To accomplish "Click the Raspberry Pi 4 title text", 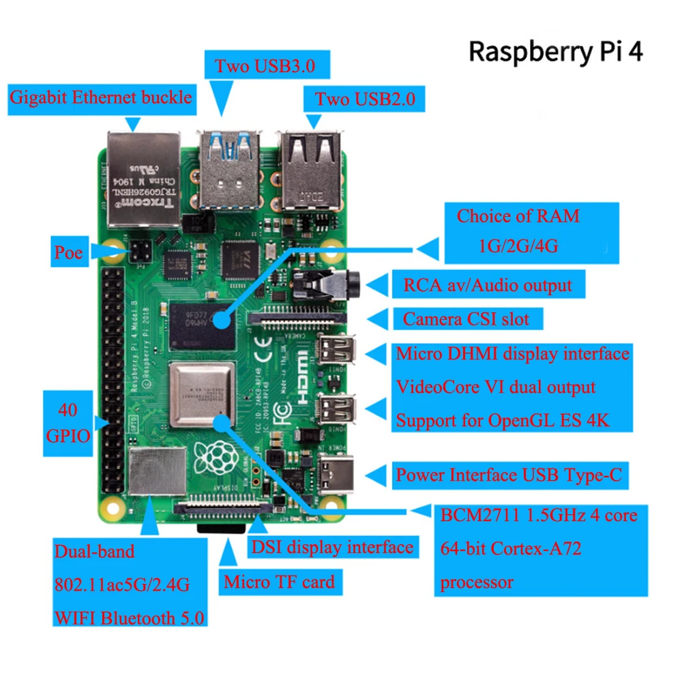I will [x=556, y=52].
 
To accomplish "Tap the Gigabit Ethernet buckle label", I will [x=100, y=97].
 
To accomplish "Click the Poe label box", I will [x=68, y=253].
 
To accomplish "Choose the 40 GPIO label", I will [x=68, y=423].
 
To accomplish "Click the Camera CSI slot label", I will [x=466, y=318].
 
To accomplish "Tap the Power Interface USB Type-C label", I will [x=509, y=475].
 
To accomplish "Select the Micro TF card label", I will [x=279, y=582].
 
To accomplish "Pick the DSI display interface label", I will [x=332, y=546].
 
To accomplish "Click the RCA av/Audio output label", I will [x=488, y=284].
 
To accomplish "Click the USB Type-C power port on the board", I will [x=336, y=472].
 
